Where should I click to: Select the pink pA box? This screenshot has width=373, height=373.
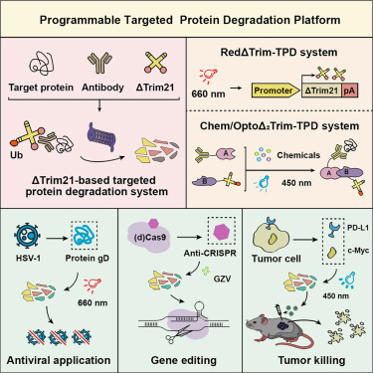[x=349, y=91]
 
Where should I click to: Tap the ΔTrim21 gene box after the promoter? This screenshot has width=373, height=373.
[x=321, y=91]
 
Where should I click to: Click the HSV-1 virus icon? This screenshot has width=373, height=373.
[x=27, y=236]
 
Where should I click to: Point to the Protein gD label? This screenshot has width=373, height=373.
[x=87, y=258]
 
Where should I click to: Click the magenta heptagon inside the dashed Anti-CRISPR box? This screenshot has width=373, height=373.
[x=221, y=231]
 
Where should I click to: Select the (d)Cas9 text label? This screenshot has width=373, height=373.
[x=150, y=238]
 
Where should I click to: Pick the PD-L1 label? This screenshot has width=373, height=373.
[x=358, y=228]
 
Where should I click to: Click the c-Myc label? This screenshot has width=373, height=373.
[x=358, y=251]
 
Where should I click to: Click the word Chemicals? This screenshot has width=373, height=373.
[x=298, y=155]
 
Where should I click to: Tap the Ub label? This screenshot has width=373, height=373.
[x=16, y=155]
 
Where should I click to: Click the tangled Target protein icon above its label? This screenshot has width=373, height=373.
[x=41, y=65]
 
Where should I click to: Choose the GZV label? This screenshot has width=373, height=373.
[x=222, y=279]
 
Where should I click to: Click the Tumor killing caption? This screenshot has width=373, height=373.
[x=311, y=360]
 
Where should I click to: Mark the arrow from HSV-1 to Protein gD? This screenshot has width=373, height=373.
[x=57, y=238]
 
